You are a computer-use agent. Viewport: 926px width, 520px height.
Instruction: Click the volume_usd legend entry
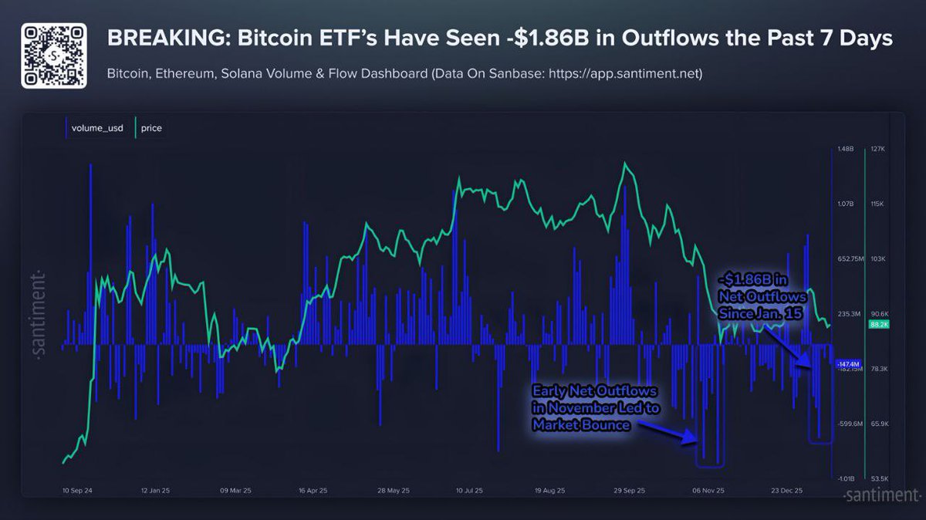pyautogui.click(x=92, y=128)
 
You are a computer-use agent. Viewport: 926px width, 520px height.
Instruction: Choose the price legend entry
pyautogui.click(x=150, y=128)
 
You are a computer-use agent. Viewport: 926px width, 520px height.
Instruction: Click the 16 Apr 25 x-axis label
pyautogui.click(x=313, y=490)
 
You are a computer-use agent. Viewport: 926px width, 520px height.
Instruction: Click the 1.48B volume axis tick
pyautogui.click(x=847, y=149)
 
